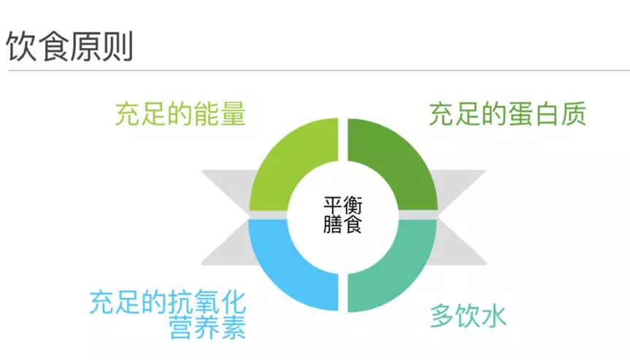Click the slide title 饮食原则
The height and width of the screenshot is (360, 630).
[69, 45]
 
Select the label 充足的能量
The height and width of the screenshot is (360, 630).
[180, 114]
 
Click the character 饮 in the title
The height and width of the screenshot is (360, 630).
[22, 45]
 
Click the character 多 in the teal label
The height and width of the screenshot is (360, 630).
[441, 316]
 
